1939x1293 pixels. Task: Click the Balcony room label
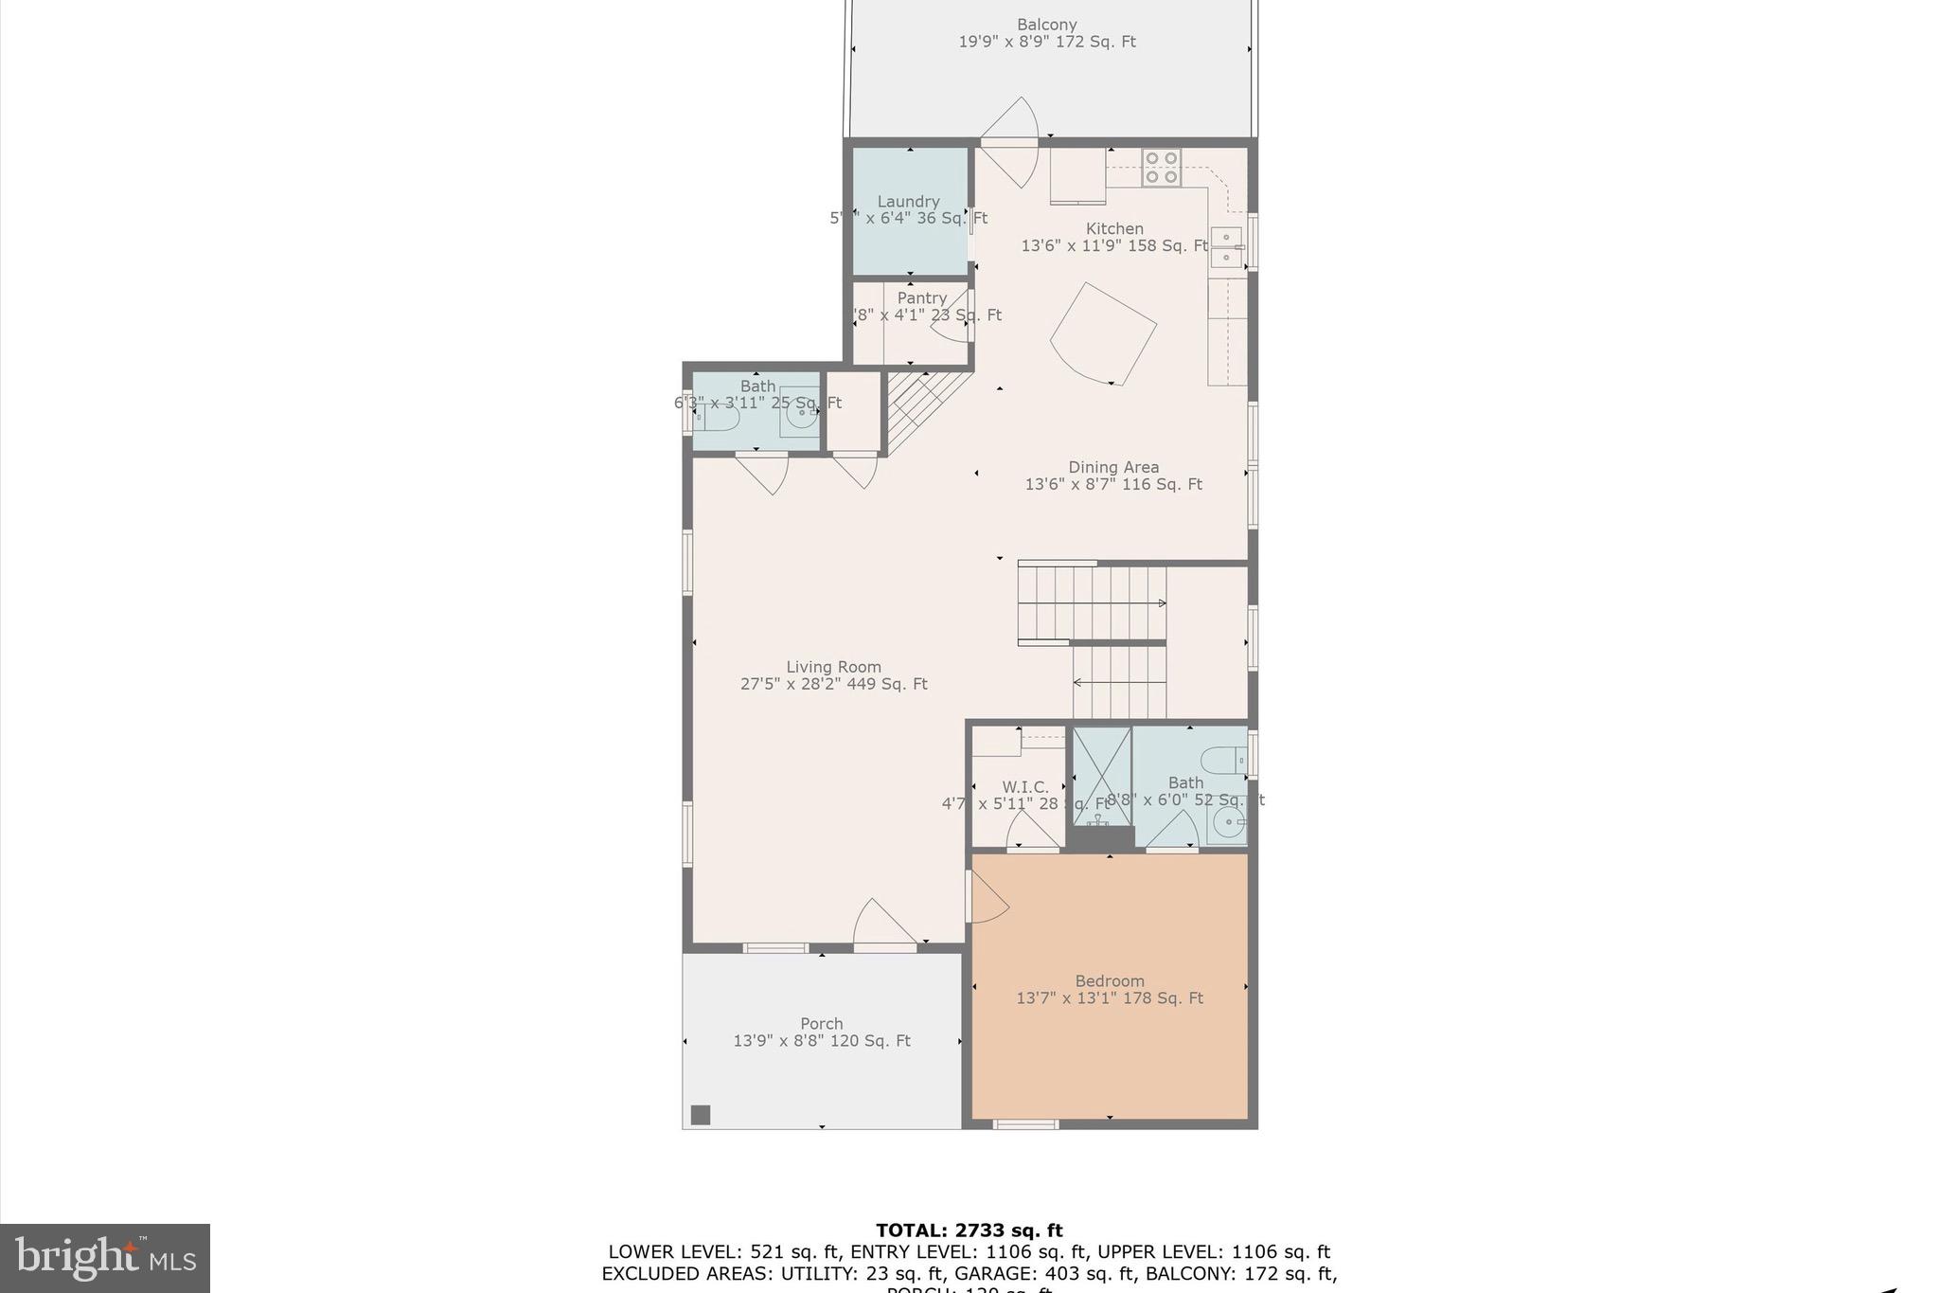[x=1046, y=26]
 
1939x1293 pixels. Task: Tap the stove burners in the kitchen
[x=1161, y=168]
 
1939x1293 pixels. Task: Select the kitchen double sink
[x=1227, y=246]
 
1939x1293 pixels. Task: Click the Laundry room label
[x=908, y=202]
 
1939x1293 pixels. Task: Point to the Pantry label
[x=921, y=298]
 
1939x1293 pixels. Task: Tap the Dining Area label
[x=1113, y=467]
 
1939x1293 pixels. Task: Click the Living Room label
[x=833, y=667]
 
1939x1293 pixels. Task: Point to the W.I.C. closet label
[x=1025, y=787]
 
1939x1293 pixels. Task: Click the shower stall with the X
[x=1101, y=774]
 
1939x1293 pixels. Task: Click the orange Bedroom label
[x=1109, y=981]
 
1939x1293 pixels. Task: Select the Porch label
[x=821, y=1024]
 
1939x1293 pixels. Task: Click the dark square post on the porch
[x=700, y=1115]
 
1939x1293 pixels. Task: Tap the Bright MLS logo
[x=105, y=1258]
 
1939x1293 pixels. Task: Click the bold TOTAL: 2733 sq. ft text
[x=969, y=1230]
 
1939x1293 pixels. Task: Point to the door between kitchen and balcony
[x=1011, y=142]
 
